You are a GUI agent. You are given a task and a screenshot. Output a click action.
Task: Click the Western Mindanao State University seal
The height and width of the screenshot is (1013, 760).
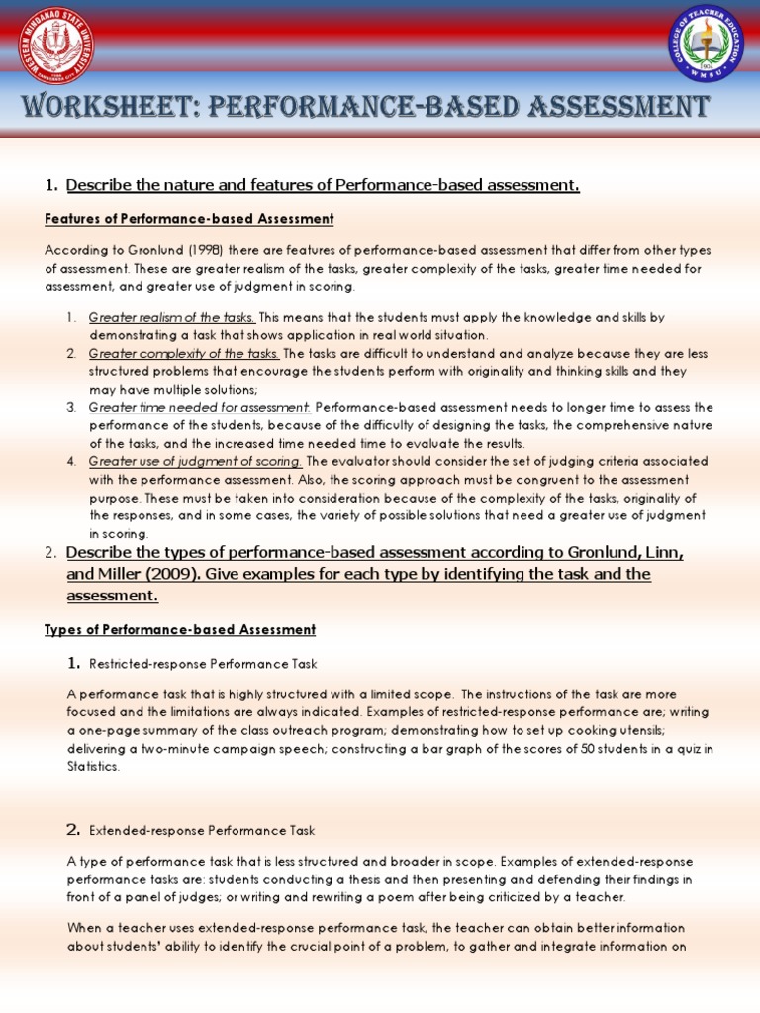pyautogui.click(x=49, y=46)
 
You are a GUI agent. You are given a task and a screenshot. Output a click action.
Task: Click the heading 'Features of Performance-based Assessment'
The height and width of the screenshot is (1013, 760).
pyautogui.click(x=189, y=218)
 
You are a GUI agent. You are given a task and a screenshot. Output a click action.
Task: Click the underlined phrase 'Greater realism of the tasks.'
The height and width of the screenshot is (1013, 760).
pyautogui.click(x=172, y=318)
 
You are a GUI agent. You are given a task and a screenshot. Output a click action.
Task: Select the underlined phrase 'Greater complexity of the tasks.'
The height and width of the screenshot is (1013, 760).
pyautogui.click(x=184, y=353)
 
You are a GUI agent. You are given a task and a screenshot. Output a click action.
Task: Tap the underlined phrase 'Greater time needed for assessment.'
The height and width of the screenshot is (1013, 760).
pyautogui.click(x=200, y=407)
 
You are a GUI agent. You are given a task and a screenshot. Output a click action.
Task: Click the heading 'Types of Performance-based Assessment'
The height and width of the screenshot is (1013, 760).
pyautogui.click(x=180, y=629)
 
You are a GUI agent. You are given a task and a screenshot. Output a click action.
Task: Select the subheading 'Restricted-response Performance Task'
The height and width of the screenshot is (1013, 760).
pyautogui.click(x=203, y=663)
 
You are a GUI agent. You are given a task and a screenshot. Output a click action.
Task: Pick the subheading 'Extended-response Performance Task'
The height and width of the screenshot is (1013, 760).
pyautogui.click(x=202, y=830)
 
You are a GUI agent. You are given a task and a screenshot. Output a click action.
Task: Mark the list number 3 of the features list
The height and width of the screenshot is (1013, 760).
pyautogui.click(x=71, y=407)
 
